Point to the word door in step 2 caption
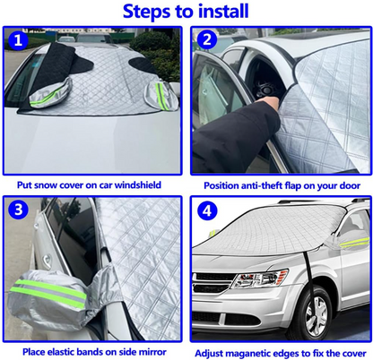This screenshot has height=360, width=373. (345, 185)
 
